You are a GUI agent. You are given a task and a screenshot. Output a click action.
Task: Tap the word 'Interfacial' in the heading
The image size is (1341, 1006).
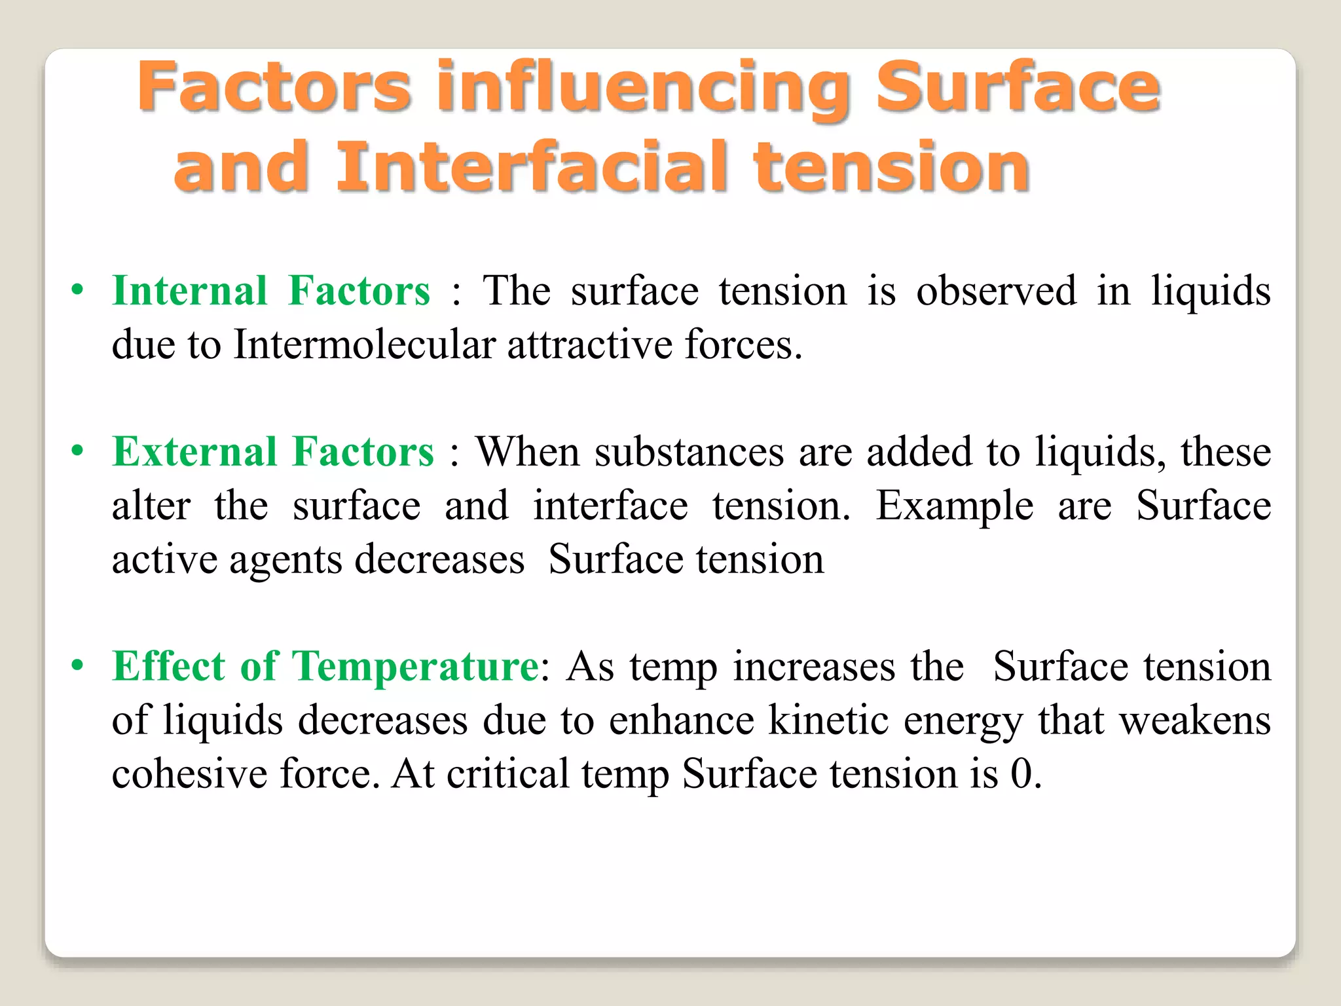pyautogui.click(x=532, y=168)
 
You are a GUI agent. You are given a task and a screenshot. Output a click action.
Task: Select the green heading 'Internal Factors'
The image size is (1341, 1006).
pyautogui.click(x=271, y=291)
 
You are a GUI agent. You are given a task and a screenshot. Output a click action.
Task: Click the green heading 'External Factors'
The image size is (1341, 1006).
pyautogui.click(x=273, y=452)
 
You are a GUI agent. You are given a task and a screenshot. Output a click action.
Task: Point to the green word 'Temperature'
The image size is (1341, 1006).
pyautogui.click(x=415, y=667)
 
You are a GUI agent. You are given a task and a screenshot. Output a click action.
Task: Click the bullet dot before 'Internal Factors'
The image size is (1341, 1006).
pyautogui.click(x=78, y=290)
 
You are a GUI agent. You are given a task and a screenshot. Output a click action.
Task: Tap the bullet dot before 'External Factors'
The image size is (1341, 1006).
pyautogui.click(x=78, y=451)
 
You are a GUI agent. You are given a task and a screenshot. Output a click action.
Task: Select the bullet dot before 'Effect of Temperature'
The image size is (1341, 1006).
pyautogui.click(x=78, y=666)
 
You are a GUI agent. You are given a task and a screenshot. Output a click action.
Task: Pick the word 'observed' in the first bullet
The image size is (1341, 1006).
pyautogui.click(x=996, y=291)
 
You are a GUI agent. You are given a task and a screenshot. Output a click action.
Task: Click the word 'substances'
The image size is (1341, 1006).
pyautogui.click(x=689, y=453)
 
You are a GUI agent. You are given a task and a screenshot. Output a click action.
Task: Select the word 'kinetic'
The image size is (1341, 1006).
pyautogui.click(x=828, y=721)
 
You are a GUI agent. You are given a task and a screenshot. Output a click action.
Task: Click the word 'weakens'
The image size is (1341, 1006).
pyautogui.click(x=1194, y=721)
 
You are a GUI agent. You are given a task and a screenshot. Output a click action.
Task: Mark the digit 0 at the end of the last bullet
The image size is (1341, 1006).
pyautogui.click(x=1021, y=775)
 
